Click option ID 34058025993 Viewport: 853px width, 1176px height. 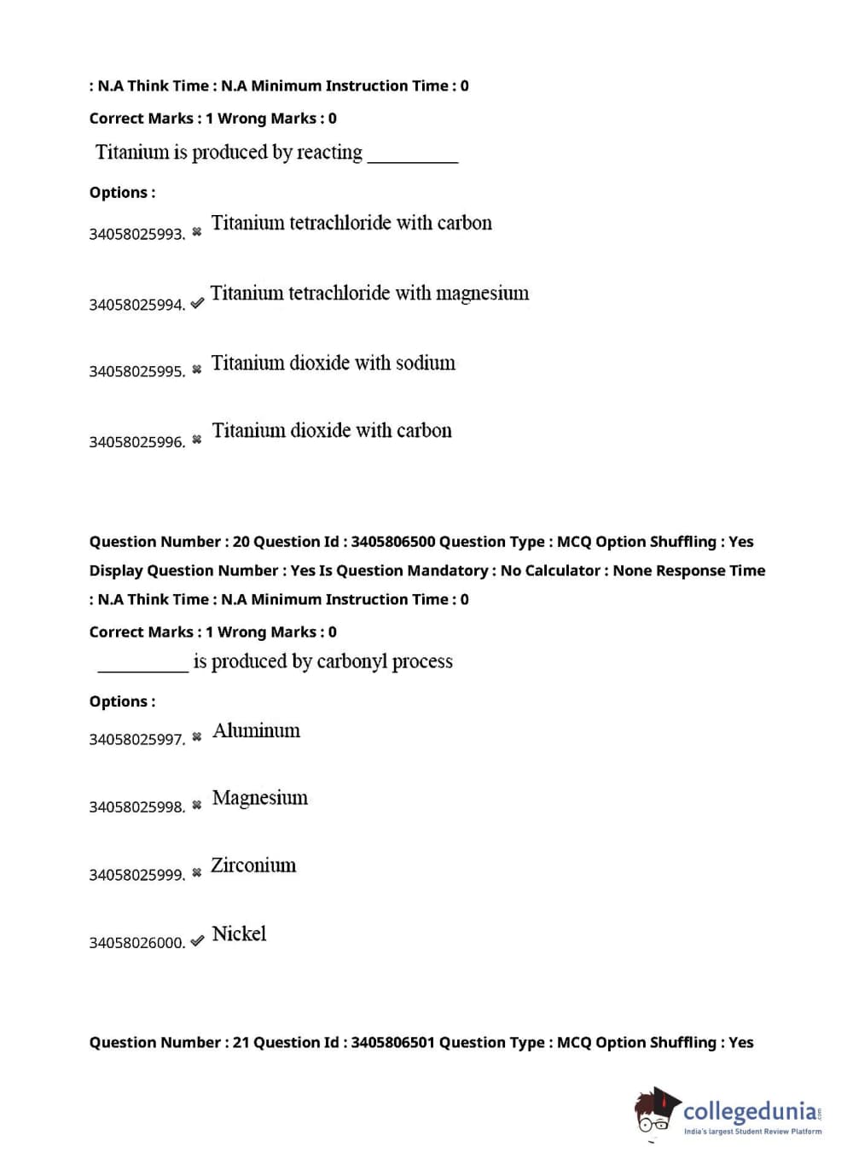[x=136, y=234]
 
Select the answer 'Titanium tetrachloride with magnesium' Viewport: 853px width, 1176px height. [x=369, y=294]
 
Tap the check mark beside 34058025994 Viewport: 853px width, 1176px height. [x=197, y=303]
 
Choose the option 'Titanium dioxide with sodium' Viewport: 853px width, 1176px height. [x=333, y=364]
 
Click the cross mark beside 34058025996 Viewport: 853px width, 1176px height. [x=197, y=440]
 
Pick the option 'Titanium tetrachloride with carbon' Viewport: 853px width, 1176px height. [x=351, y=224]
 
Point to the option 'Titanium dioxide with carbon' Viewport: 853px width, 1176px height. [x=332, y=431]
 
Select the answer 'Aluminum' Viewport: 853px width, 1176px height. [x=256, y=731]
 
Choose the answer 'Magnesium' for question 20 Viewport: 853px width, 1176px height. [x=259, y=798]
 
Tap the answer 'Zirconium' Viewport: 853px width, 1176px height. [x=253, y=865]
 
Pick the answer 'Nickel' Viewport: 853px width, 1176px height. [x=239, y=934]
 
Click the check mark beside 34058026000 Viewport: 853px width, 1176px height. [x=197, y=940]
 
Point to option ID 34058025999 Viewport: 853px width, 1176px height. [x=136, y=875]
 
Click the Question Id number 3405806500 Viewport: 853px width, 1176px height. [x=392, y=542]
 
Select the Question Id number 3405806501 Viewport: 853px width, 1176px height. [x=392, y=1043]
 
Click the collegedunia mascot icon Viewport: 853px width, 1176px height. [x=656, y=1113]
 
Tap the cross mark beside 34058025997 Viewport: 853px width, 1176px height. [x=197, y=736]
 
